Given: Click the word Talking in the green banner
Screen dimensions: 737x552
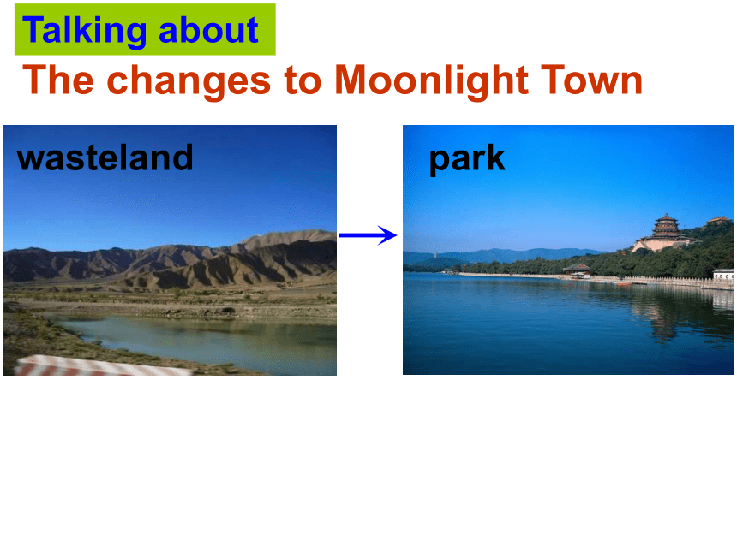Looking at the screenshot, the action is [85, 31].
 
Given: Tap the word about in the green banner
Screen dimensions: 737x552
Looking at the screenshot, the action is [209, 30].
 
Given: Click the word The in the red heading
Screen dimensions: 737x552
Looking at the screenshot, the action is [58, 80].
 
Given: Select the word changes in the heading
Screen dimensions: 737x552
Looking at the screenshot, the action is [189, 81].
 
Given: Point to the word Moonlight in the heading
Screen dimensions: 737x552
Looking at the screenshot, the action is [431, 81].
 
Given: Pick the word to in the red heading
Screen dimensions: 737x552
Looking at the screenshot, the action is [303, 80].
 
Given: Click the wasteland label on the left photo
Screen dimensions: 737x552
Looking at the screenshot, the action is [105, 157].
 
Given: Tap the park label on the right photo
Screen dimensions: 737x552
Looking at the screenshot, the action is [467, 159].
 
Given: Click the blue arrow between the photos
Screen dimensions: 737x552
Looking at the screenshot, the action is [368, 235].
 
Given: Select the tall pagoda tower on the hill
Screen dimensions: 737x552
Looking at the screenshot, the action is [666, 227].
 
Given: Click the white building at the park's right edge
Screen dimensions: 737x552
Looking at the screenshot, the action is [724, 274].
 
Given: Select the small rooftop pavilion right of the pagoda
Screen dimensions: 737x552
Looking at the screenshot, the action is [718, 220].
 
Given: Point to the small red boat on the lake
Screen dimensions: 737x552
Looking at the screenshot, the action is [624, 284].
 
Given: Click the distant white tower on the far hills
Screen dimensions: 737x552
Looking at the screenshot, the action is [435, 255].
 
